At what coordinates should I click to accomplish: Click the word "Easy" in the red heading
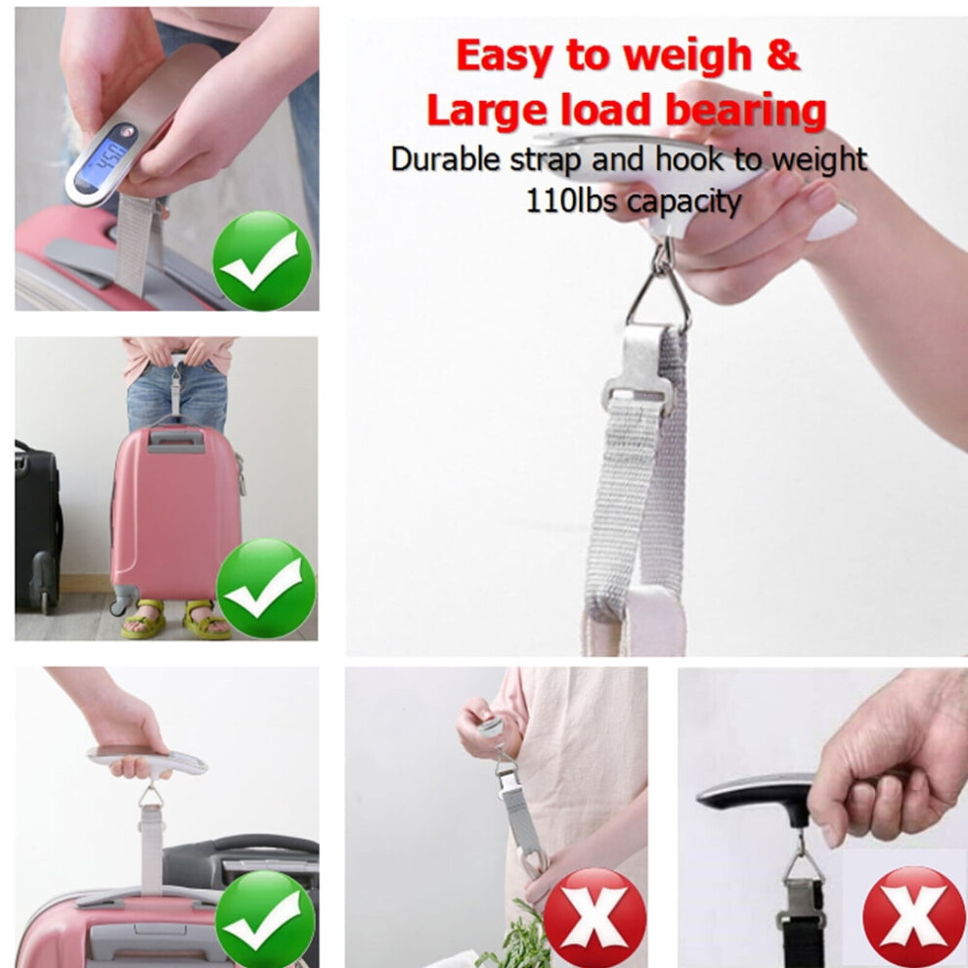click(x=504, y=56)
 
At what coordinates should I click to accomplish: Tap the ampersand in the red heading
click(x=783, y=55)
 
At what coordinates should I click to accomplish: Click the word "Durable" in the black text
click(x=445, y=159)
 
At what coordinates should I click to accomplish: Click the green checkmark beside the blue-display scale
click(x=262, y=261)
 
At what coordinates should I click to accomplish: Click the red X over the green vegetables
click(x=594, y=918)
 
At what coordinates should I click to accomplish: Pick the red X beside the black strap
click(x=913, y=917)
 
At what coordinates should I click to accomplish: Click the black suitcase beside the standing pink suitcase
click(x=37, y=527)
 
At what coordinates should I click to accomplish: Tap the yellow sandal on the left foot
click(x=144, y=619)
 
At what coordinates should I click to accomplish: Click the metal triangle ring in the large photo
click(x=659, y=292)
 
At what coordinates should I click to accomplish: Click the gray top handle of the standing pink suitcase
click(x=176, y=441)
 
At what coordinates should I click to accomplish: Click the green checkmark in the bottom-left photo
click(x=265, y=918)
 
